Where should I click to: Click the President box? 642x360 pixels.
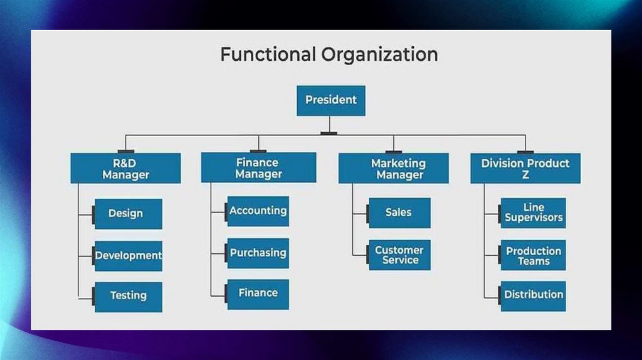pos(330,100)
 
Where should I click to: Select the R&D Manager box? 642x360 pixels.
pos(125,168)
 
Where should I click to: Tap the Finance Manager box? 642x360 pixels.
pos(258,167)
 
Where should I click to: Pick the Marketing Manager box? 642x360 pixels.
pos(393,168)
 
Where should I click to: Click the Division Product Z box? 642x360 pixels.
pos(525,168)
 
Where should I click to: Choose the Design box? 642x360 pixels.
pos(128,213)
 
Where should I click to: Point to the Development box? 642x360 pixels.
pos(128,255)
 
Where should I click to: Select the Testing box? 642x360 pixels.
pos(128,296)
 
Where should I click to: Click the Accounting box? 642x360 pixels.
pos(258,211)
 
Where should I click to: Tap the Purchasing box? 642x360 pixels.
pos(258,253)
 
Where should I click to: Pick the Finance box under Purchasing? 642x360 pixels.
pos(258,294)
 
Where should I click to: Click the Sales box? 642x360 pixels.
pos(399,213)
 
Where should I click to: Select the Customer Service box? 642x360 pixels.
pos(399,255)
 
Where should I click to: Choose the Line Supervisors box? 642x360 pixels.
pos(534,213)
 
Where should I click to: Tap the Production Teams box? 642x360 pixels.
pos(534,255)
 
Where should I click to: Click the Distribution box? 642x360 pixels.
pos(534,295)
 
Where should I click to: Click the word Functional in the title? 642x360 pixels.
pos(268,55)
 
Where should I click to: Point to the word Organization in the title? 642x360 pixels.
pos(380,55)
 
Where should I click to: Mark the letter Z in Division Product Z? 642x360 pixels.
pos(525,176)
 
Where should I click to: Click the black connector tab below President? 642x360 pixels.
pos(329,133)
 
